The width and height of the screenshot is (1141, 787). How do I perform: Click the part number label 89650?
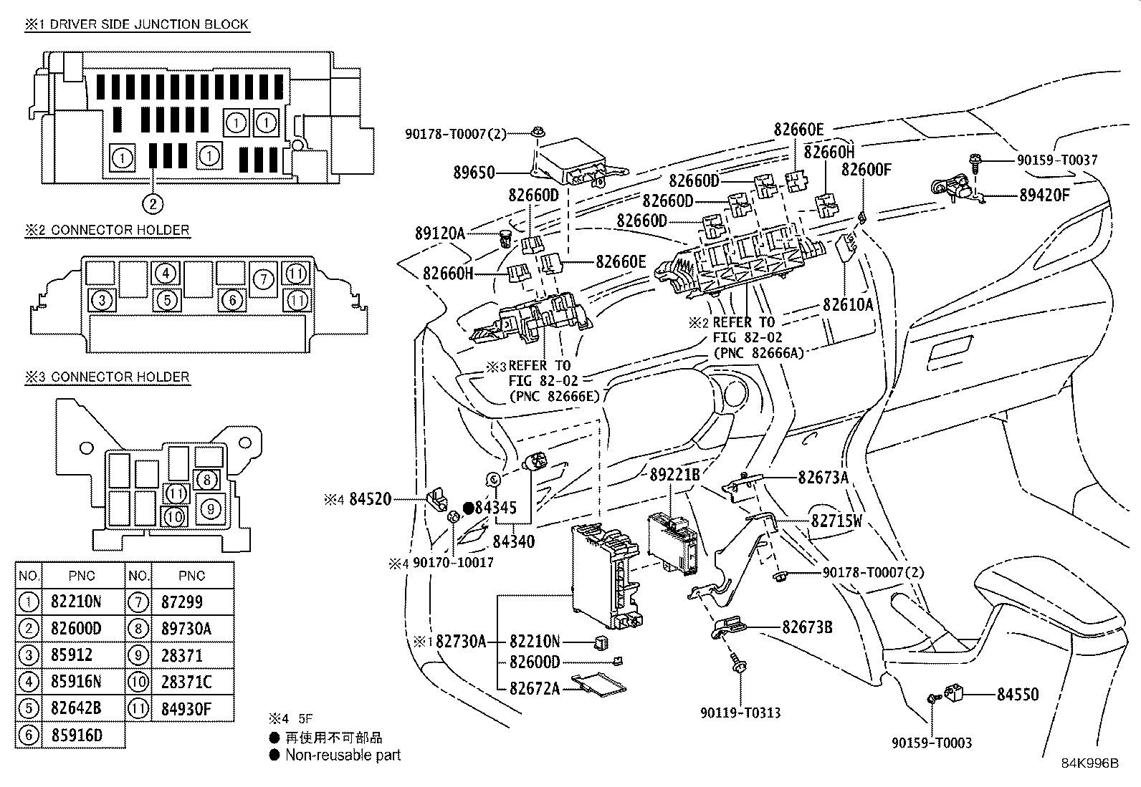(x=474, y=173)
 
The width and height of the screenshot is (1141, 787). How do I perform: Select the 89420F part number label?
(x=1044, y=194)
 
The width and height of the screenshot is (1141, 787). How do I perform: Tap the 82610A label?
(x=849, y=304)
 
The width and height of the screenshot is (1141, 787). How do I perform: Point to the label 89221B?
(x=675, y=474)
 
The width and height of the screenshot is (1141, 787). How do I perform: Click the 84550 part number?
(x=1018, y=694)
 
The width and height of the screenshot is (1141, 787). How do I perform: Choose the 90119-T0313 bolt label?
(x=740, y=713)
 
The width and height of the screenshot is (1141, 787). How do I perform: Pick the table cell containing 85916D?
(x=77, y=735)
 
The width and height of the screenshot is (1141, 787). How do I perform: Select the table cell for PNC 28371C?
(x=187, y=682)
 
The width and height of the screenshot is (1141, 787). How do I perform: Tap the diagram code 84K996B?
(x=1090, y=763)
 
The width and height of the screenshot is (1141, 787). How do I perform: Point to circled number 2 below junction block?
(x=152, y=204)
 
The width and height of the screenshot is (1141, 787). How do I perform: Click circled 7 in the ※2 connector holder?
(x=263, y=279)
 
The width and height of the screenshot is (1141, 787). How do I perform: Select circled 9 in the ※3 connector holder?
(x=210, y=508)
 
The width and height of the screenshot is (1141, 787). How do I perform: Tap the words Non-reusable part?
(x=343, y=755)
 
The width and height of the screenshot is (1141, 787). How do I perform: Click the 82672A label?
(x=535, y=688)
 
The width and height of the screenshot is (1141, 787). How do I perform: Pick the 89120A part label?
(x=439, y=233)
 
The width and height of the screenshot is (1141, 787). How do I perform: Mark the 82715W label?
(x=836, y=521)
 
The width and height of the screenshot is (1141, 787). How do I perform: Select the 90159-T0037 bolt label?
(x=1056, y=160)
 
